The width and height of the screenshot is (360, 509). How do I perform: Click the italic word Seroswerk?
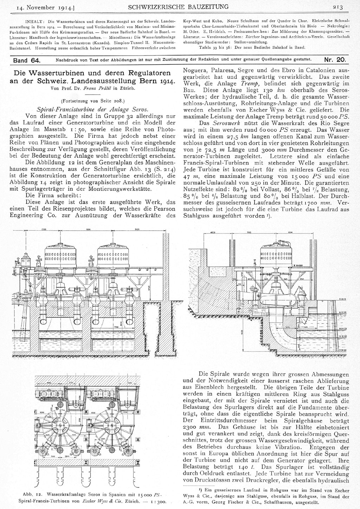[225, 124]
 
